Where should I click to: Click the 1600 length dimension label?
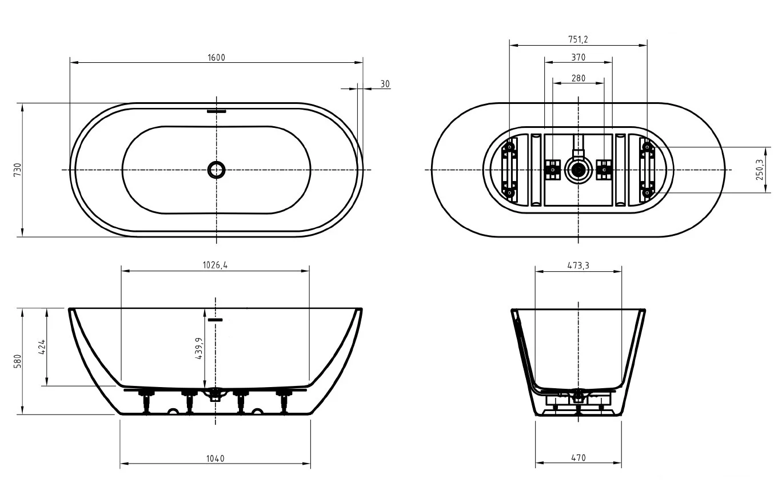(x=216, y=57)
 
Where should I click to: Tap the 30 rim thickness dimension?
(x=385, y=84)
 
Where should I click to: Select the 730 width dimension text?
(x=17, y=170)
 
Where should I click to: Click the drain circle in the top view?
(x=217, y=169)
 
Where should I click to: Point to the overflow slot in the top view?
(x=217, y=111)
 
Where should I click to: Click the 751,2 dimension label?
(x=578, y=39)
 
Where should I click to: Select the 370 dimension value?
(x=578, y=58)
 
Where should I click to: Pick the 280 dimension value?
(x=578, y=78)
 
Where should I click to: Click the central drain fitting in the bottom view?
(x=578, y=170)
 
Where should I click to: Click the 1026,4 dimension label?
(x=215, y=265)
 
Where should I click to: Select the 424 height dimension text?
(x=42, y=347)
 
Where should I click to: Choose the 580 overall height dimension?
(x=17, y=361)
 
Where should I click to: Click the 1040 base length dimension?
(x=215, y=458)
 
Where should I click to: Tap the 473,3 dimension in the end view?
(x=578, y=265)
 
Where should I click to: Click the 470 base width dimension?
(x=578, y=458)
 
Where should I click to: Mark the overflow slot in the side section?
(x=215, y=320)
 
